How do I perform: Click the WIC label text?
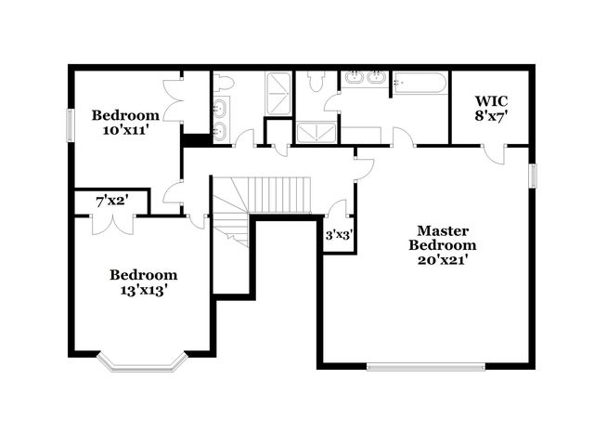pos(491,100)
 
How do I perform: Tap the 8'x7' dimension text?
pos(491,116)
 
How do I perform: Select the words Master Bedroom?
pos(443,238)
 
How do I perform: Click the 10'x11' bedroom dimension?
pos(124,130)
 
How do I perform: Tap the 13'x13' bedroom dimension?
pos(143,290)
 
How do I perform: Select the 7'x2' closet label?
pos(110,201)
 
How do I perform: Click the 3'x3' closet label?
pos(338,236)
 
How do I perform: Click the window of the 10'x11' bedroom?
pos(70,125)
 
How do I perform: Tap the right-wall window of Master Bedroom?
pos(533,176)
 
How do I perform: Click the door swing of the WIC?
pos(495,152)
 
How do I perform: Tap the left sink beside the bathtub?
pos(354,78)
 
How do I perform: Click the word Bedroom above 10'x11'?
pos(125,115)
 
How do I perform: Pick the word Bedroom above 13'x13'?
pos(143,275)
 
